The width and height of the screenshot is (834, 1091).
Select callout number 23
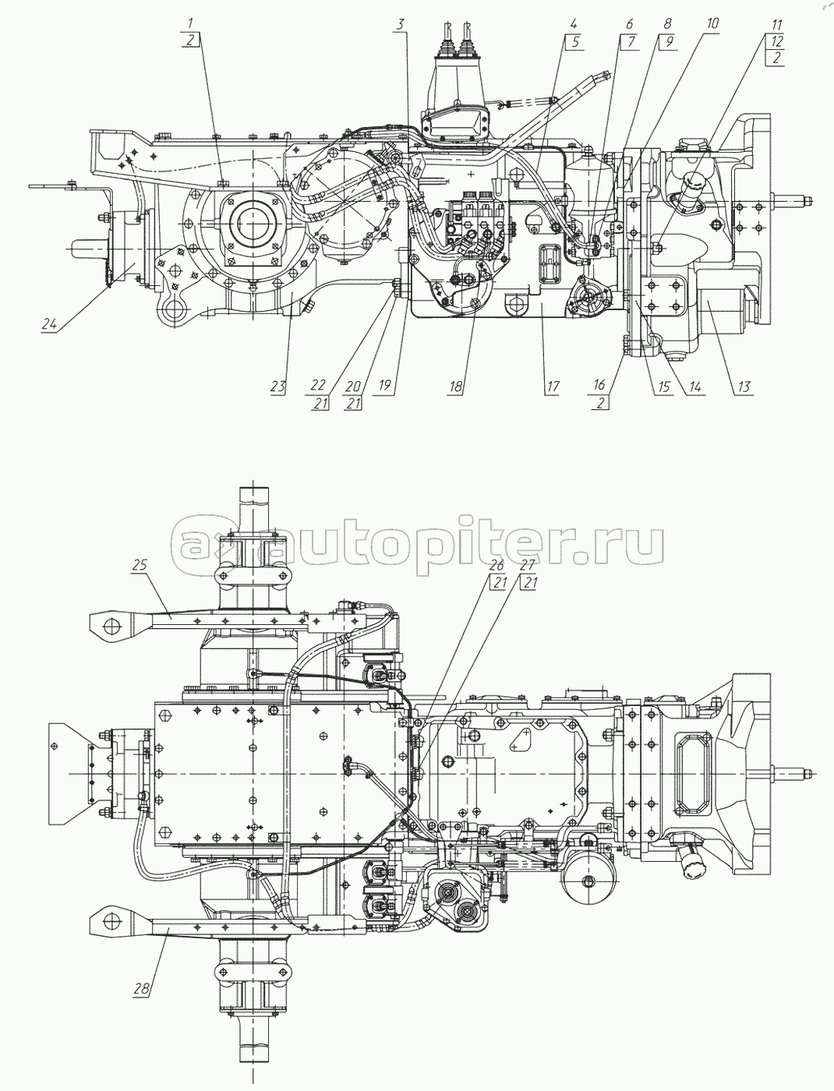(x=278, y=384)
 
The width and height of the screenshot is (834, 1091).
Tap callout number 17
(x=552, y=384)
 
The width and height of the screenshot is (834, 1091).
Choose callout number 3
(x=401, y=25)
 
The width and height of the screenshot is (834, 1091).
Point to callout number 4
(x=574, y=25)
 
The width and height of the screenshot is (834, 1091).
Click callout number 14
(x=694, y=384)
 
